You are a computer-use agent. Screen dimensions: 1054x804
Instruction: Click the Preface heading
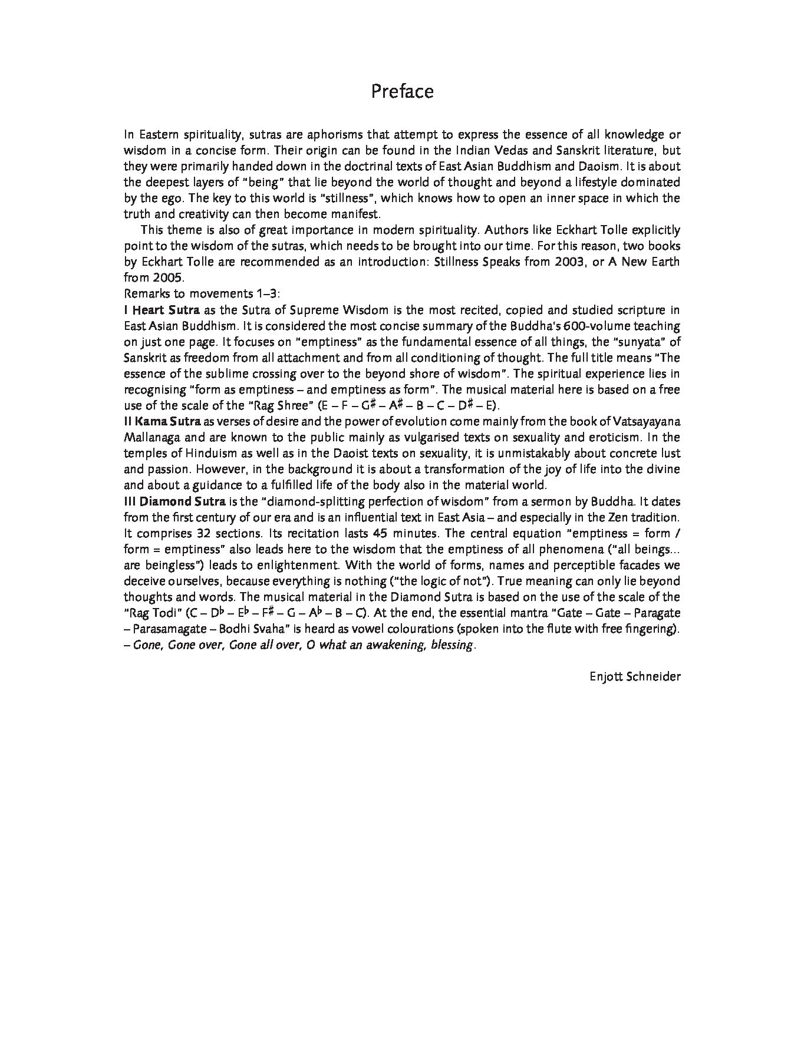402,91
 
